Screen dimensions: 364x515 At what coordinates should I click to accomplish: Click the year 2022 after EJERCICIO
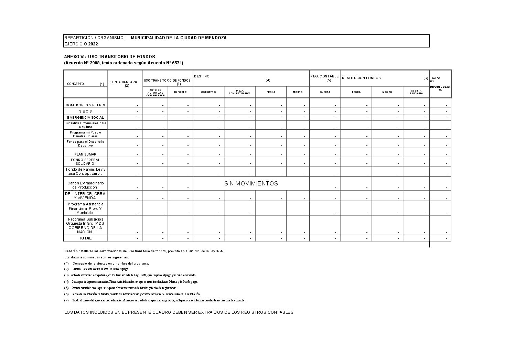coord(93,44)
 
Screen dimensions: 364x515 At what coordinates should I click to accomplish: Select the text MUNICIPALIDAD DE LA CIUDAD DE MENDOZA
coord(179,38)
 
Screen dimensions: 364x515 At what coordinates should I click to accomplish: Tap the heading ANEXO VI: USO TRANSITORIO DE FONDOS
coord(109,57)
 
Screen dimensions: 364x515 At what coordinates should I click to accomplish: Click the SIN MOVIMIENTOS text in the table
coord(251,184)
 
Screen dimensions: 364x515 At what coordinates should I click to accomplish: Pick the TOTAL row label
coord(85,238)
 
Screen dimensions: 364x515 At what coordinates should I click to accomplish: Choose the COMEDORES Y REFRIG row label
coord(85,105)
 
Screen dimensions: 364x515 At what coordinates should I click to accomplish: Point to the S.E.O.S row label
coord(85,111)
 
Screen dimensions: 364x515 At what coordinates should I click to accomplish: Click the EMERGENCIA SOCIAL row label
coord(85,118)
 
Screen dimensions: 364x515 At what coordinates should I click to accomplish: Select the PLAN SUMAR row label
coord(85,154)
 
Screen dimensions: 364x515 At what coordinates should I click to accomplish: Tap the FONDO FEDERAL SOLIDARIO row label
coord(85,162)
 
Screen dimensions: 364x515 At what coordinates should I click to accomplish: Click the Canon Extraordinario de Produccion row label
coord(85,185)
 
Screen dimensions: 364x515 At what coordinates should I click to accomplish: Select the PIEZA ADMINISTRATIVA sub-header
coord(240,92)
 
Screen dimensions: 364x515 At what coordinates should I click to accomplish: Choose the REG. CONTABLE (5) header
coord(324,78)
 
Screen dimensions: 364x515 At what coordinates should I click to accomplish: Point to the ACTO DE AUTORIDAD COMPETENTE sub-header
coord(155,93)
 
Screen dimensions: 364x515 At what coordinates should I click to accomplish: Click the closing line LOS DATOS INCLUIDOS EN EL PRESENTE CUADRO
coord(179,312)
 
